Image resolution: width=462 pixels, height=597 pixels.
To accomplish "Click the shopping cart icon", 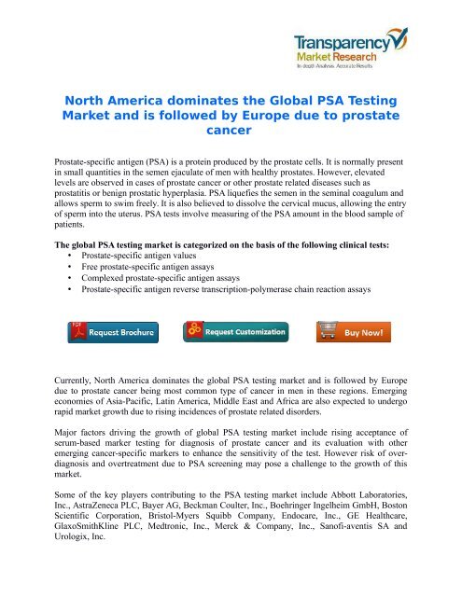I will pos(328,330).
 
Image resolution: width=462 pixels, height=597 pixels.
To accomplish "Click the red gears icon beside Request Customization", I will pos(195,330).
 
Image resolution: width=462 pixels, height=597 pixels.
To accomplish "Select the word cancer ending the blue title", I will pos(229,132).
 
